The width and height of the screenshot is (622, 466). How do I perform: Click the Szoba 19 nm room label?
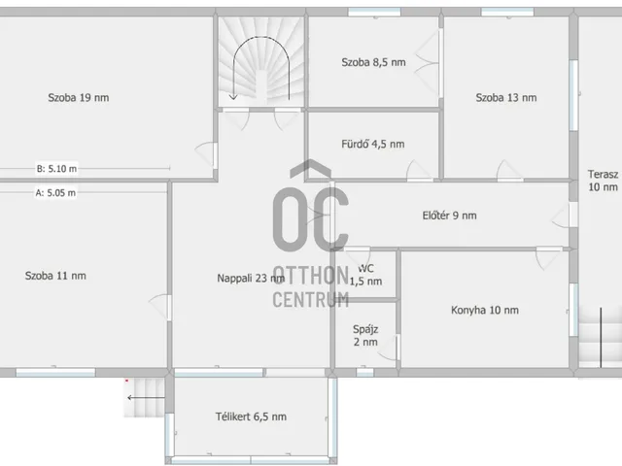tap(79, 97)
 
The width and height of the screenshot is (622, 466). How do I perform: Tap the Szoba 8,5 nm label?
tap(373, 62)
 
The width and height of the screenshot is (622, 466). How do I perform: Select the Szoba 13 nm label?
tap(506, 97)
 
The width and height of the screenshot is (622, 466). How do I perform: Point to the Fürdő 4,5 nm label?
tap(373, 144)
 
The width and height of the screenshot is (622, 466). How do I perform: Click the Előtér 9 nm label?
tap(449, 216)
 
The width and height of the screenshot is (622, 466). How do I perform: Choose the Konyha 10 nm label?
tap(485, 310)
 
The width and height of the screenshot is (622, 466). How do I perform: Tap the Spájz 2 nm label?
tap(365, 336)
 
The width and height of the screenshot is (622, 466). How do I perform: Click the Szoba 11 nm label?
tap(55, 276)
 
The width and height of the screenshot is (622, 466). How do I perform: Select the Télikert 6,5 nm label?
tap(251, 416)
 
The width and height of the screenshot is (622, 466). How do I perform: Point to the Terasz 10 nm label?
tap(603, 181)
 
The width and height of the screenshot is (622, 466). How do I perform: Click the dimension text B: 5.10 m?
tap(56, 168)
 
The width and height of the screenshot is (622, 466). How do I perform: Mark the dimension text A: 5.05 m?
tap(55, 192)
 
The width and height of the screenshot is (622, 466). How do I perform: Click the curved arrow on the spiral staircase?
tap(261, 37)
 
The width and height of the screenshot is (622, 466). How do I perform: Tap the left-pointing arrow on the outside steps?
tap(146, 397)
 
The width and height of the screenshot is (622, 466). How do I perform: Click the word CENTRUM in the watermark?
tap(311, 299)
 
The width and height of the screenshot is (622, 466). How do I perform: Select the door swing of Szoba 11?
tap(160, 307)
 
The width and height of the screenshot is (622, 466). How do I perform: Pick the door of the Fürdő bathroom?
tap(420, 171)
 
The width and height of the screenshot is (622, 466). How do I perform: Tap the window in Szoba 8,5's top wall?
tap(374, 13)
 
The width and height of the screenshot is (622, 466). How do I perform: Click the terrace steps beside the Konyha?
tap(601, 337)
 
